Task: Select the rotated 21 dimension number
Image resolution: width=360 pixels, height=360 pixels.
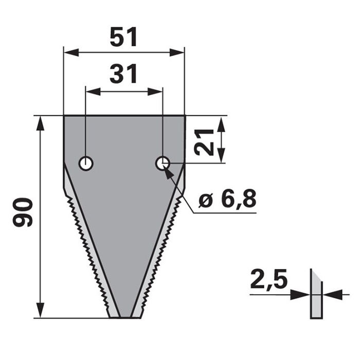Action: [205, 142]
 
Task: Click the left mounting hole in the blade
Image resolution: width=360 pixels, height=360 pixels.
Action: [85, 164]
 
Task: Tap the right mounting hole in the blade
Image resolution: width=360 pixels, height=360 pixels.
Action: [163, 164]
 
